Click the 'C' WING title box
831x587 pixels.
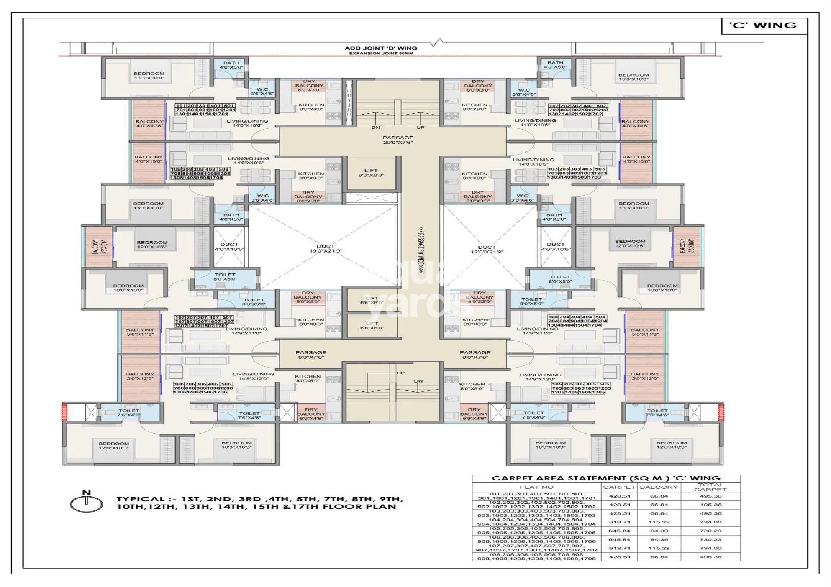[x=763, y=26]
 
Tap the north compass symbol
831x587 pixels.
[x=86, y=503]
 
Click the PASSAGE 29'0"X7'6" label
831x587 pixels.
[x=398, y=140]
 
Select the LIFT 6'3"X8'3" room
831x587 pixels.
[x=371, y=173]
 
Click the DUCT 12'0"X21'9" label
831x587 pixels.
[x=487, y=250]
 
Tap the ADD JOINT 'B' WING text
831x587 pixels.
[x=381, y=48]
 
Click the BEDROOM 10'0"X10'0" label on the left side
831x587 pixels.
[x=128, y=288]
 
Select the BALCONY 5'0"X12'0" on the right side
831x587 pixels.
[x=645, y=376]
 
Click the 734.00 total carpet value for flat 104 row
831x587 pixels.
[x=710, y=522]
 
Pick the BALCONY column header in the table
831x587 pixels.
[x=659, y=487]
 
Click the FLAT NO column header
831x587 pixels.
[x=536, y=487]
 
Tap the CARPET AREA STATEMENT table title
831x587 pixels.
[x=606, y=478]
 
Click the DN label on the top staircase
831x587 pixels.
[x=375, y=127]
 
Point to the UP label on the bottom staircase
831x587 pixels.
[x=400, y=373]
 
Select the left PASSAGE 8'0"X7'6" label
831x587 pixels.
[x=310, y=355]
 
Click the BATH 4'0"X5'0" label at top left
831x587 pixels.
[x=231, y=65]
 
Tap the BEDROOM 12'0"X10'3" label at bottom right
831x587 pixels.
[x=671, y=445]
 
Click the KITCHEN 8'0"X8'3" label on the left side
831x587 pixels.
[x=311, y=322]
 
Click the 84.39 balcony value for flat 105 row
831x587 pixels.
[x=659, y=531]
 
